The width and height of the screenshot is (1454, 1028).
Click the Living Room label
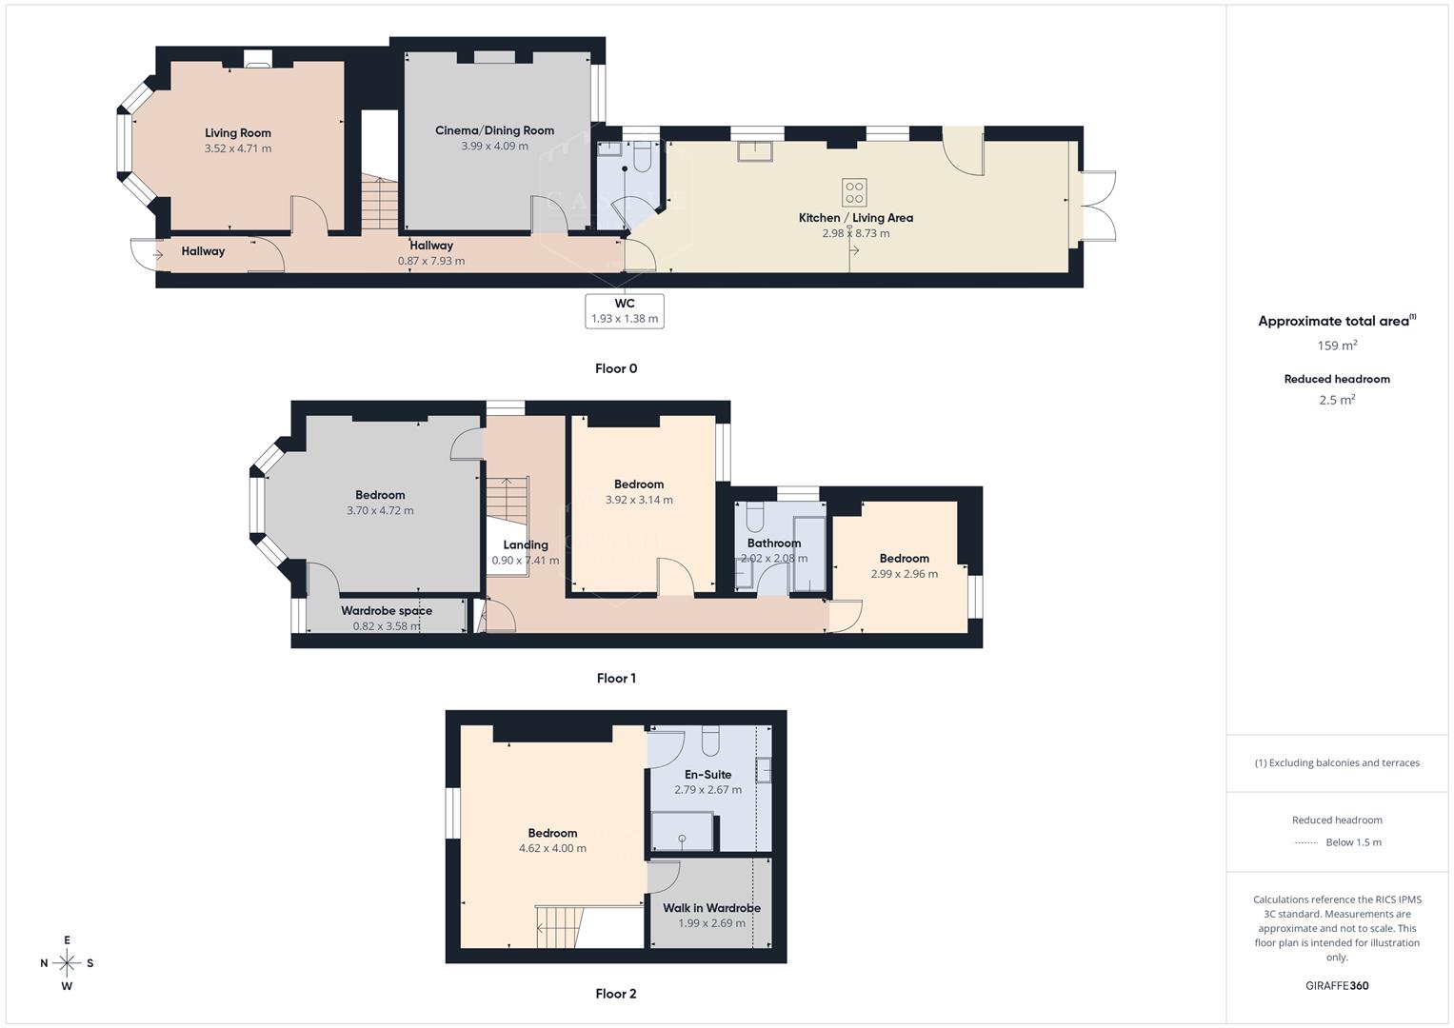pyautogui.click(x=238, y=133)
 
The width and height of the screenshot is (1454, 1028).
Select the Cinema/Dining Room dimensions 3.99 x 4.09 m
pyautogui.click(x=494, y=147)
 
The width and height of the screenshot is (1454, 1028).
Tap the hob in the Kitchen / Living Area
pyautogui.click(x=854, y=193)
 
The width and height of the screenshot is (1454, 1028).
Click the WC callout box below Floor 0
pyautogui.click(x=625, y=310)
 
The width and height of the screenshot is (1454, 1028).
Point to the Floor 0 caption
pyautogui.click(x=616, y=369)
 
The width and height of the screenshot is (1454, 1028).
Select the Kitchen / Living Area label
pyautogui.click(x=855, y=218)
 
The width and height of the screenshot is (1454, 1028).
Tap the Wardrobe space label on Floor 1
pyautogui.click(x=387, y=611)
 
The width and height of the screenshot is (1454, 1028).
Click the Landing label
pyautogui.click(x=526, y=545)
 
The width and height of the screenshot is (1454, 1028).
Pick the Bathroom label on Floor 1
pyautogui.click(x=773, y=544)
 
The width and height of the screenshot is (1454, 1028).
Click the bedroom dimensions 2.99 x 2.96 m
pyautogui.click(x=904, y=574)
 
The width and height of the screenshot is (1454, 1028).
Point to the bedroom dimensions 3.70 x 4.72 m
pyautogui.click(x=380, y=510)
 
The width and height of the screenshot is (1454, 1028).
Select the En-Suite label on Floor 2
pyautogui.click(x=707, y=775)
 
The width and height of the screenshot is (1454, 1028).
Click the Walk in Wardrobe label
pyautogui.click(x=711, y=908)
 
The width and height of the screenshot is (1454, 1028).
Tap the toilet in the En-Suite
pyautogui.click(x=710, y=740)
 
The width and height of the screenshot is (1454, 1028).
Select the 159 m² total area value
pyautogui.click(x=1337, y=346)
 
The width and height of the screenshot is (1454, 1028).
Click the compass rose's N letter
pyautogui.click(x=44, y=963)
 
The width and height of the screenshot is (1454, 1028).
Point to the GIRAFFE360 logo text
pyautogui.click(x=1337, y=986)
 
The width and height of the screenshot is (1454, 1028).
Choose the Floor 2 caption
pyautogui.click(x=616, y=994)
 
